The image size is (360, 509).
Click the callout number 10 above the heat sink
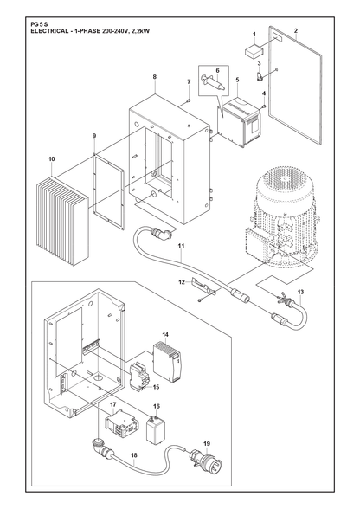[x=52, y=159]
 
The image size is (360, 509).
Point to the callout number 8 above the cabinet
[x=155, y=76]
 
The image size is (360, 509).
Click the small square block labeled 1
[x=254, y=51]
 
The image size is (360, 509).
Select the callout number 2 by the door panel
[x=296, y=31]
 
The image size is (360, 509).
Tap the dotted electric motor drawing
[x=280, y=217]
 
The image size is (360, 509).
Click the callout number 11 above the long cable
[x=181, y=246]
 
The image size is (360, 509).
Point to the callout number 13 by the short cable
[x=300, y=293]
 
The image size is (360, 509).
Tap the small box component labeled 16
[x=156, y=429]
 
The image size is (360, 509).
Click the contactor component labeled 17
[x=121, y=424]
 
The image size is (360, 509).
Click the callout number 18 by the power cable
[x=134, y=455]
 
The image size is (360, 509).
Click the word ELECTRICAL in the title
[x=44, y=31]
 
